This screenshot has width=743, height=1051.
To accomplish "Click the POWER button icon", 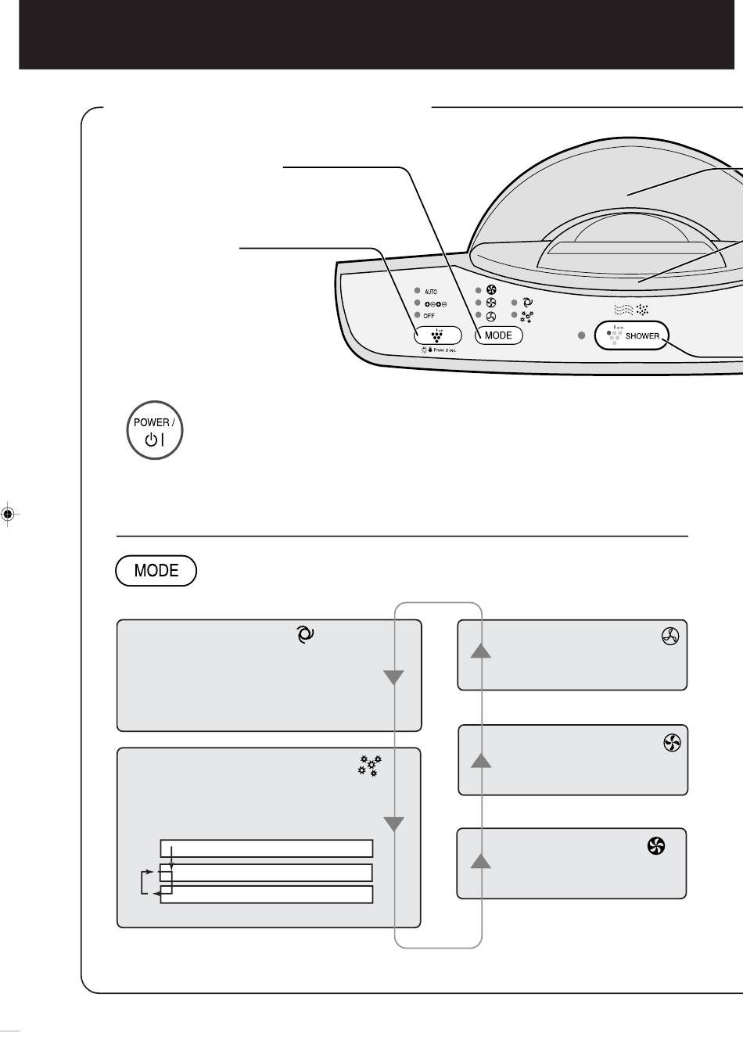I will click(155, 430).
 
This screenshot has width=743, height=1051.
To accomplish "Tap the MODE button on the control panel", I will click(498, 335).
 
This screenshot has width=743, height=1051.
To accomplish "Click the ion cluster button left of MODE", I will click(437, 335).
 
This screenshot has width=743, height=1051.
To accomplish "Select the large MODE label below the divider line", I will click(156, 571).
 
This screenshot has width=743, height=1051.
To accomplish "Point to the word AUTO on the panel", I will click(431, 292).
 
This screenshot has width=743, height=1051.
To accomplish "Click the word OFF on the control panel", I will click(429, 316).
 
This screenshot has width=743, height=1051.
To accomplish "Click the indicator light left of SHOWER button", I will click(581, 335).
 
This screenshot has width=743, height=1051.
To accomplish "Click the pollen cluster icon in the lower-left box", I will click(369, 766).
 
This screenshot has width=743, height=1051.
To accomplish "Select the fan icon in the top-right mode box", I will click(669, 637).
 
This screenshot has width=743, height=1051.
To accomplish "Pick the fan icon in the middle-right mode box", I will click(672, 743).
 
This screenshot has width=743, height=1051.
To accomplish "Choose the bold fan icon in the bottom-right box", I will click(655, 845).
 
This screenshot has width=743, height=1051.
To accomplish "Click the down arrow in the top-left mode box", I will click(393, 677).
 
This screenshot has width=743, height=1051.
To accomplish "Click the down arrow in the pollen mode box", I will click(393, 823).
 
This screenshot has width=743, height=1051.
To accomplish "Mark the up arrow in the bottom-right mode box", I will click(481, 861).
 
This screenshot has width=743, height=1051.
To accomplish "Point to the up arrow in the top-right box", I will click(481, 650).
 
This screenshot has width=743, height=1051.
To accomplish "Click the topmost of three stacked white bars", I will click(266, 849).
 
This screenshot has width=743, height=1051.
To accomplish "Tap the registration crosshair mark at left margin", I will click(8, 514).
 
